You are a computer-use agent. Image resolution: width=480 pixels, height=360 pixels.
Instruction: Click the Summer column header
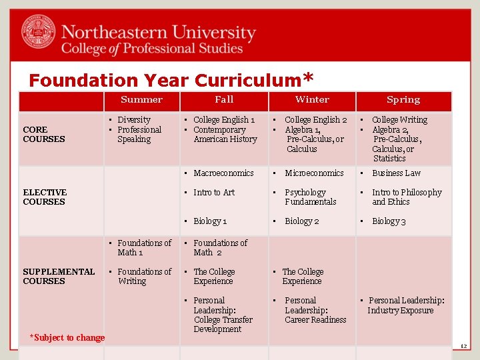point(141,100)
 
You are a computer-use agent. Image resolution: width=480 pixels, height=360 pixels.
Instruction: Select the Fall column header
point(224,100)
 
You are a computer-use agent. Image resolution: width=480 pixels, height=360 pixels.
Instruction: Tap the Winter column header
point(312,100)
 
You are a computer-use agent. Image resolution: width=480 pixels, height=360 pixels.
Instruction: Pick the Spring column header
point(403,100)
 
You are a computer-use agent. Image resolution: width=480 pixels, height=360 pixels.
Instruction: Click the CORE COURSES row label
point(44,135)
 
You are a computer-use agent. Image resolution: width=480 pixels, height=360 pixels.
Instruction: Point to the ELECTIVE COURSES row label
point(45,197)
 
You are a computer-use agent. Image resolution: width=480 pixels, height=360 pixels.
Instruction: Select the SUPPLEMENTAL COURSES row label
point(59,277)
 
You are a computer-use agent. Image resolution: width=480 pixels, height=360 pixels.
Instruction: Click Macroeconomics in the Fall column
point(223,173)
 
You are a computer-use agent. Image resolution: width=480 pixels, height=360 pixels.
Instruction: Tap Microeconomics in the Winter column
point(314,173)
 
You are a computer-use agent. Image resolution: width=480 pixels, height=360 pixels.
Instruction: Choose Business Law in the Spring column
point(396,173)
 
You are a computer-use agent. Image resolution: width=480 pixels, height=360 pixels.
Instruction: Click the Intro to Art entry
point(214,193)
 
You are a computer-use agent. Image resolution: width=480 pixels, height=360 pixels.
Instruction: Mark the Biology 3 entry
point(389,221)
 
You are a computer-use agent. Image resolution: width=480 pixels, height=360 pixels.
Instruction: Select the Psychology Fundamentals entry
point(311,197)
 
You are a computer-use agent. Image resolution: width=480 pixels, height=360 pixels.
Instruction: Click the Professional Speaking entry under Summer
point(139,135)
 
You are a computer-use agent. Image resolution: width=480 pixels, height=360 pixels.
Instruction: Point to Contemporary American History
point(225,135)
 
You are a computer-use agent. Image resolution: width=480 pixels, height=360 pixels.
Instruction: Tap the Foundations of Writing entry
point(144,277)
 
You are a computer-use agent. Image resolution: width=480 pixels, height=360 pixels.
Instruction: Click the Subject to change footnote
point(68,338)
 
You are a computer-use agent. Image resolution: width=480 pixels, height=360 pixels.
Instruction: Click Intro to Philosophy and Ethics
point(407,197)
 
